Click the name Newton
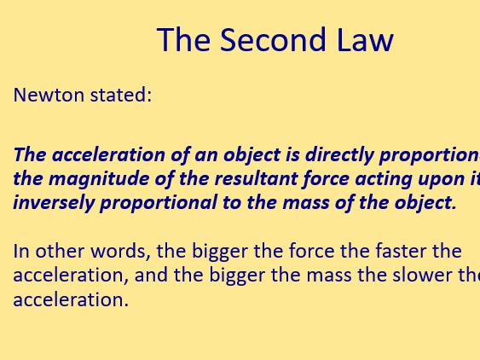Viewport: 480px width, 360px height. [45, 95]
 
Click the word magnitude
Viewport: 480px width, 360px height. [89, 179]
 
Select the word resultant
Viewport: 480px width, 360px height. [228, 179]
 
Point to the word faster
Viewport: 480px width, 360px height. [393, 252]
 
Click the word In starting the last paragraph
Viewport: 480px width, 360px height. [21, 252]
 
